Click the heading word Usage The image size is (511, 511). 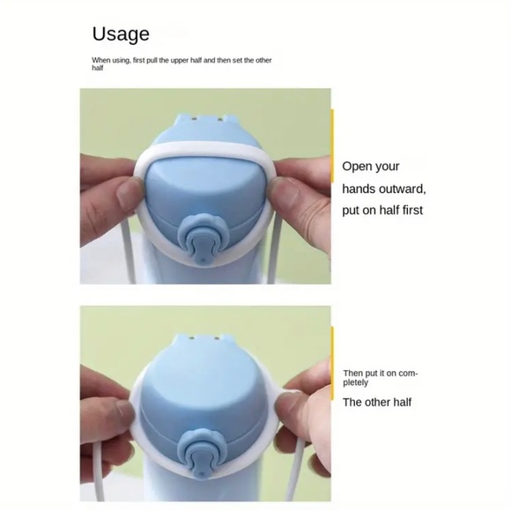click(121, 34)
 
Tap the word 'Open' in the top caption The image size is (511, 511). click(358, 167)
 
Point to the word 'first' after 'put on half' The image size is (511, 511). click(411, 211)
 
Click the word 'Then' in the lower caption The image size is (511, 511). click(352, 374)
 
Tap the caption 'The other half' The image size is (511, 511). click(377, 403)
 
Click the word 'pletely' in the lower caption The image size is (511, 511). click(356, 382)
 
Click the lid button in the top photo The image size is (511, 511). click(199, 239)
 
